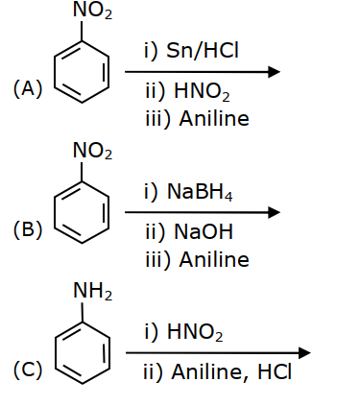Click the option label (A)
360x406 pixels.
(28, 88)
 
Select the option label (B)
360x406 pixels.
(28, 229)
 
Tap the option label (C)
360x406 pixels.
(28, 370)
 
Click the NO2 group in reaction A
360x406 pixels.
(92, 11)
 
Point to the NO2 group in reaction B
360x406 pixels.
(92, 151)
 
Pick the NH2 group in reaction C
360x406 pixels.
(92, 292)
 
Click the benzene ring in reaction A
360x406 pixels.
(55, 72)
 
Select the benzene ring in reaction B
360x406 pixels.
(55, 213)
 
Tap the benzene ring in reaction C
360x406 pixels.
(55, 353)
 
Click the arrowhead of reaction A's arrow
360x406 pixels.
(274, 72)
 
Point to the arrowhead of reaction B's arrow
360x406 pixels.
(274, 212)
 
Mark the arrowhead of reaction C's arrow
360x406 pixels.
(304, 353)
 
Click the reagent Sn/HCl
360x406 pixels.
(203, 51)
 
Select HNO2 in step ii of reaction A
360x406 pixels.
(202, 91)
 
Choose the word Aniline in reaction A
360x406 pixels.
(214, 119)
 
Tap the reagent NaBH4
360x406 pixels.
(200, 192)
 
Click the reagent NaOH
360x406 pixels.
(204, 231)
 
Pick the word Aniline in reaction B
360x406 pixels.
(214, 259)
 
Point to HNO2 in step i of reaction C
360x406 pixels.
(195, 332)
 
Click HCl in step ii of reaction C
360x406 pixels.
(275, 371)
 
